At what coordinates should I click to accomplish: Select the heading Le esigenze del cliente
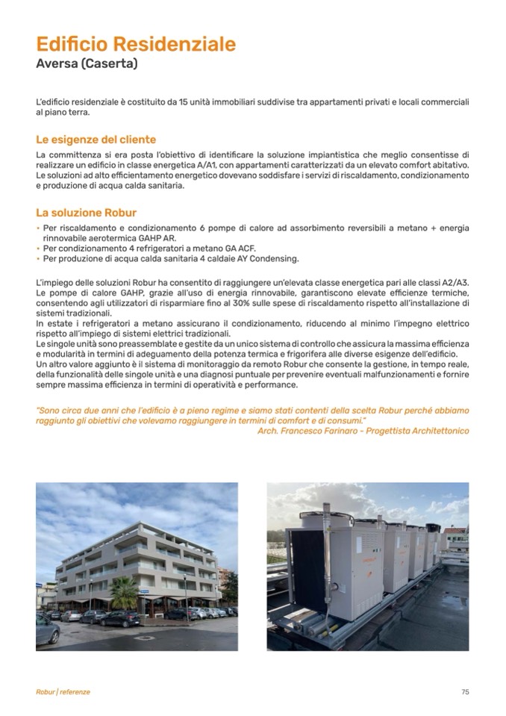click(96, 140)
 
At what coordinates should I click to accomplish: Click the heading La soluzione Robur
click(86, 213)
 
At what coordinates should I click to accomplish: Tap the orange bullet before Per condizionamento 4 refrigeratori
click(38, 249)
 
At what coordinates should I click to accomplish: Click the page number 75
click(465, 692)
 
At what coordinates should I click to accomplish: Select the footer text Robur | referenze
click(63, 692)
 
